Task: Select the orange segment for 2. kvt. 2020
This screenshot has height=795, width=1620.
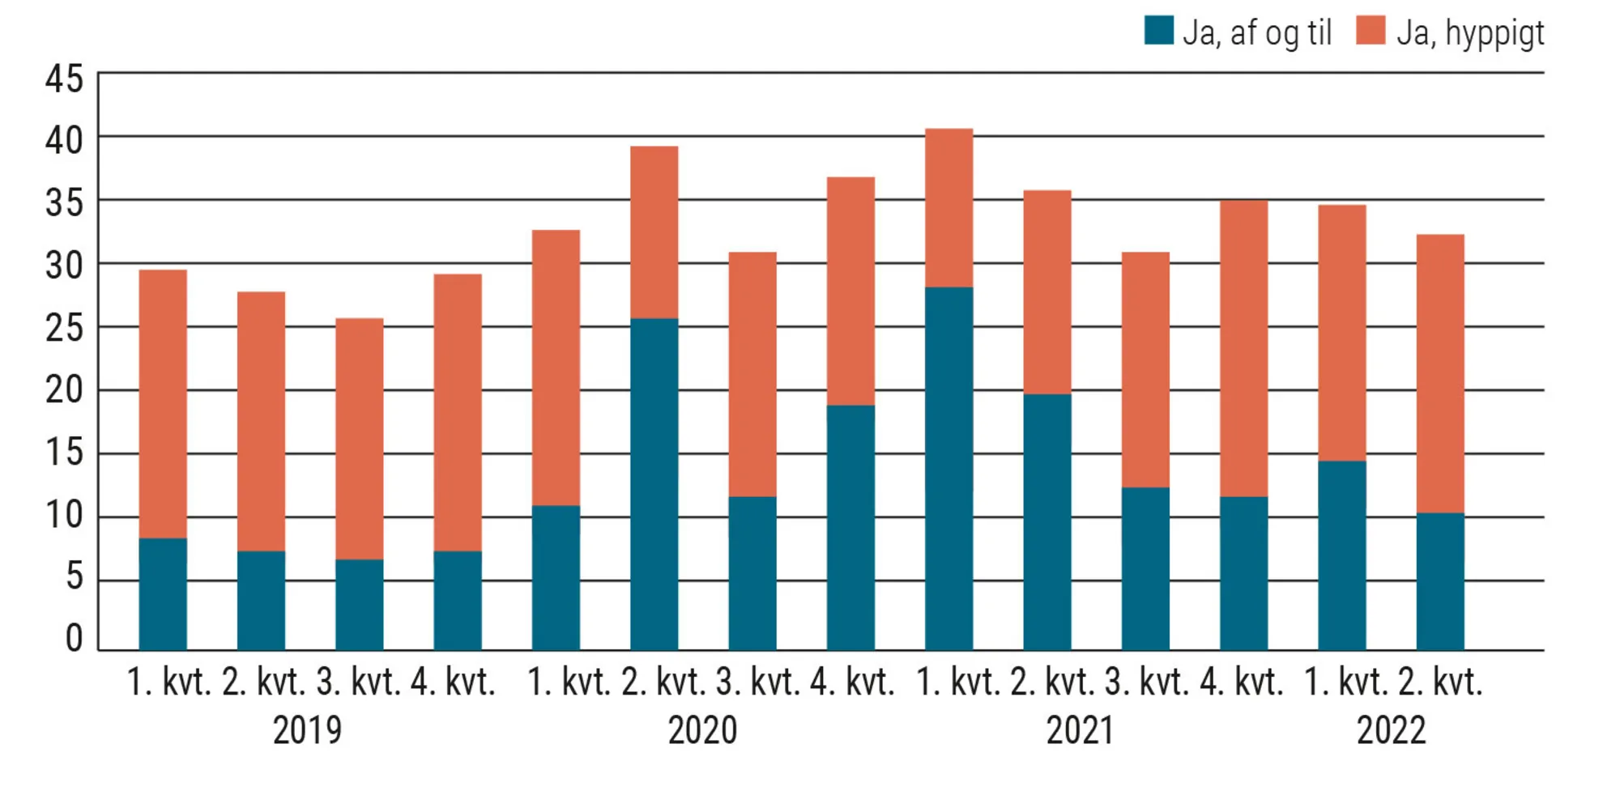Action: tap(654, 232)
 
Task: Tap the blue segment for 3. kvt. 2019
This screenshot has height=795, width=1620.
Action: tap(359, 604)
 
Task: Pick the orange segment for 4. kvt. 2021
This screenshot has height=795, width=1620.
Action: tap(1243, 348)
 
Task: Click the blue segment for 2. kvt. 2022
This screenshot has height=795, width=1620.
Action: tap(1439, 580)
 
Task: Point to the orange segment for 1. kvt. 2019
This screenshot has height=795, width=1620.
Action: tap(163, 404)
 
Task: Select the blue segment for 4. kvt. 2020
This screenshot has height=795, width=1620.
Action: tap(850, 527)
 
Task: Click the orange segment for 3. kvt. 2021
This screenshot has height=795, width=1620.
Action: tap(1145, 369)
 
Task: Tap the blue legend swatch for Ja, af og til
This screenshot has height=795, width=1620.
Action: tap(1158, 31)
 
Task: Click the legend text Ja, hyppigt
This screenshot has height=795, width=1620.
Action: tap(1470, 33)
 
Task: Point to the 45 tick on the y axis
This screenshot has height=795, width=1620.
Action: tap(64, 79)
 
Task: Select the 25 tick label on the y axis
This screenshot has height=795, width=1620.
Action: tap(64, 328)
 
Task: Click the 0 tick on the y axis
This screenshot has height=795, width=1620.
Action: tap(74, 638)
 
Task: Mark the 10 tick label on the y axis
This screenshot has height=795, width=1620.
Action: tap(64, 515)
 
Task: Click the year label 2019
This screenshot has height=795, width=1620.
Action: tap(307, 730)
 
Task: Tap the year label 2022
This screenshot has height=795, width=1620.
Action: tap(1391, 730)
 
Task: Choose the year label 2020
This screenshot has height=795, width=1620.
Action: tap(702, 730)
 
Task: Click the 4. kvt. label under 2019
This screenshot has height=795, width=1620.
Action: tap(453, 682)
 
